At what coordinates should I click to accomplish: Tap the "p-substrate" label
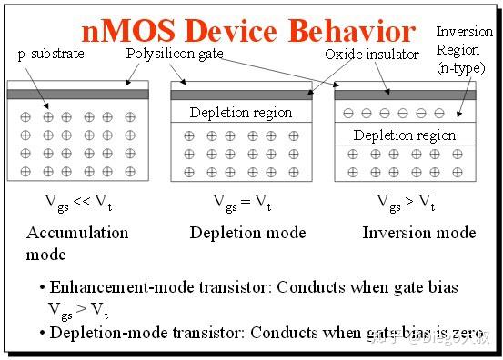coord(51,54)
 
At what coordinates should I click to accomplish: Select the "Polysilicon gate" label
coord(175,54)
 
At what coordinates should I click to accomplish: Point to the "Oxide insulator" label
coord(371,55)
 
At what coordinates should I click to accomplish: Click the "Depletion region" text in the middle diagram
coord(241,113)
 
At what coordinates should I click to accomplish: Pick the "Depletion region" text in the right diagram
coord(405,135)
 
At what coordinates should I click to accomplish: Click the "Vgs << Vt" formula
coord(77,201)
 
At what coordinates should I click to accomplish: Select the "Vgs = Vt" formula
coord(241,201)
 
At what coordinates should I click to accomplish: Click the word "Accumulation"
coord(76,233)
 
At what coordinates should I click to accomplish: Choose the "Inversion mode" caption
coord(418,233)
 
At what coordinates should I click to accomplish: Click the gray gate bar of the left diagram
coord(77,94)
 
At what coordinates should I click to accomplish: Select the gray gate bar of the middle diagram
coord(241,94)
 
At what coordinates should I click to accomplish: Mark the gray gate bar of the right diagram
coord(405,94)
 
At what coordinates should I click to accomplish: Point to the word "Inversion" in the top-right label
coord(464,33)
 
